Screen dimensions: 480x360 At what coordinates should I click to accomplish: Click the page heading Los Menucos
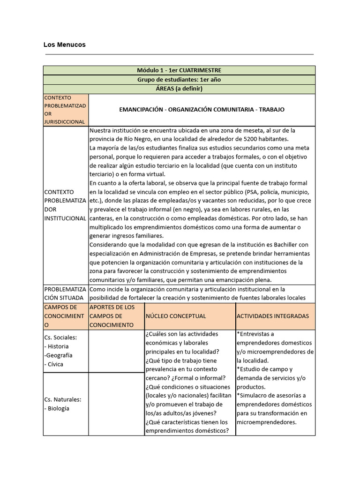(64, 45)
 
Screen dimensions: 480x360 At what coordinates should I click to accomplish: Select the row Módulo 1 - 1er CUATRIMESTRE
(180, 70)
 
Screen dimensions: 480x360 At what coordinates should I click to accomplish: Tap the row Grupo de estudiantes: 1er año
(180, 80)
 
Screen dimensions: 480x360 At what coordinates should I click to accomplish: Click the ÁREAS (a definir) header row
(180, 89)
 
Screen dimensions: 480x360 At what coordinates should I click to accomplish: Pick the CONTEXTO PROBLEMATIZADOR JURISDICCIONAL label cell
(65, 110)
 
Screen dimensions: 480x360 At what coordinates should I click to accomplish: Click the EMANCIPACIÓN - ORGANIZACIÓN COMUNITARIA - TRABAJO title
(202, 110)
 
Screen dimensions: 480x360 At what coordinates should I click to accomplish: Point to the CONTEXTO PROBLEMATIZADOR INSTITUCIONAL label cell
(65, 205)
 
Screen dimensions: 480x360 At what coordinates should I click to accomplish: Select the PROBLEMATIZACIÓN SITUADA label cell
(65, 293)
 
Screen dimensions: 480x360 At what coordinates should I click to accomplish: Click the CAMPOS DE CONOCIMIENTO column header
(65, 316)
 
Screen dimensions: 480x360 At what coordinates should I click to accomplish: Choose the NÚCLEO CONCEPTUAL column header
(176, 316)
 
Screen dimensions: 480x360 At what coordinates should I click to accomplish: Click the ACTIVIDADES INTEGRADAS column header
(273, 316)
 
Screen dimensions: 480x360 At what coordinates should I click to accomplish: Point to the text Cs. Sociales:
(60, 337)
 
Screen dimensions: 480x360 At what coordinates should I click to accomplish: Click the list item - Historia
(56, 346)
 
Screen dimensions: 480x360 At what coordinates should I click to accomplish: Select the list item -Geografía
(58, 355)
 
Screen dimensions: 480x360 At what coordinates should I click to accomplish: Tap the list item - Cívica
(53, 364)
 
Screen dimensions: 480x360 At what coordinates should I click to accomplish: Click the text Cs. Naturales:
(63, 399)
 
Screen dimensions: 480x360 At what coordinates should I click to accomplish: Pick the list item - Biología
(57, 408)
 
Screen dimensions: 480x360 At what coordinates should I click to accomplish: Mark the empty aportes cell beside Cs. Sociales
(116, 351)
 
